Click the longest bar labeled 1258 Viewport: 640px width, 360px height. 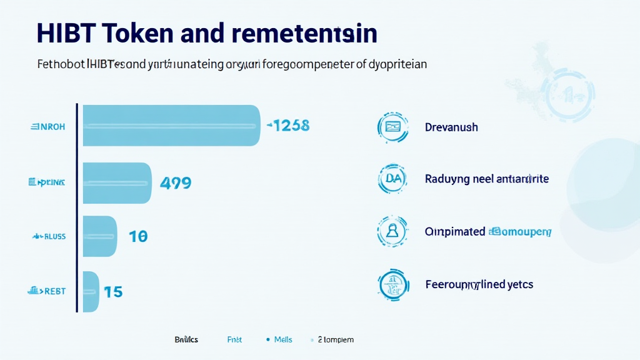[x=171, y=126]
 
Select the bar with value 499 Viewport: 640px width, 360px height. [x=117, y=183]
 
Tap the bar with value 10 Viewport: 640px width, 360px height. [x=100, y=236]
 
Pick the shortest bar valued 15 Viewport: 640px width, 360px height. [x=91, y=291]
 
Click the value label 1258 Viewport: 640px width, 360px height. [x=288, y=125]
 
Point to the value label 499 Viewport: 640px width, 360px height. [x=176, y=183]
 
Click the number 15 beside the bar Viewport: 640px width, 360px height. [x=113, y=291]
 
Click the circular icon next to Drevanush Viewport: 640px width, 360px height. [x=392, y=127]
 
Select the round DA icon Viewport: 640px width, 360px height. [x=392, y=179]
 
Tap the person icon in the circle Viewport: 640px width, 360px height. [x=392, y=231]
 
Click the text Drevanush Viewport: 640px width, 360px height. [x=451, y=127]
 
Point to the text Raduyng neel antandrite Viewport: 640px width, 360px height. [x=486, y=179]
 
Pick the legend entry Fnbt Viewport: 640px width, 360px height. [x=234, y=339]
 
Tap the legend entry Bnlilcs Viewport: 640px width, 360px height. [x=186, y=339]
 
